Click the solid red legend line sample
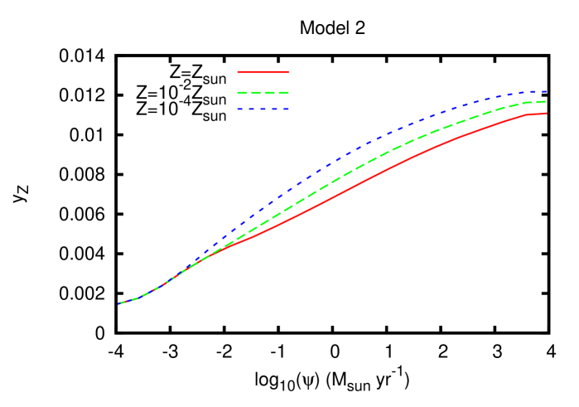(263, 72)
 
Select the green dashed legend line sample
(263, 93)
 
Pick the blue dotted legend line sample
(263, 109)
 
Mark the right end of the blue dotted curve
(545, 91)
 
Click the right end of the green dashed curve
(545, 101)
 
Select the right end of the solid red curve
(545, 114)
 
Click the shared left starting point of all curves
(119, 303)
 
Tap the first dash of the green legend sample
(242, 93)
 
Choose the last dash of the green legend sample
(283, 93)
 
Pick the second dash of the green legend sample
(256, 93)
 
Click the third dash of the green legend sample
(269, 93)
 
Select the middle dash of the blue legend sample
(263, 109)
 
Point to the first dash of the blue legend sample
(239, 109)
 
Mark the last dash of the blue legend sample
(286, 109)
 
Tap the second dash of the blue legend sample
(251, 109)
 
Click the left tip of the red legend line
(238, 72)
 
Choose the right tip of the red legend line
(289, 72)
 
